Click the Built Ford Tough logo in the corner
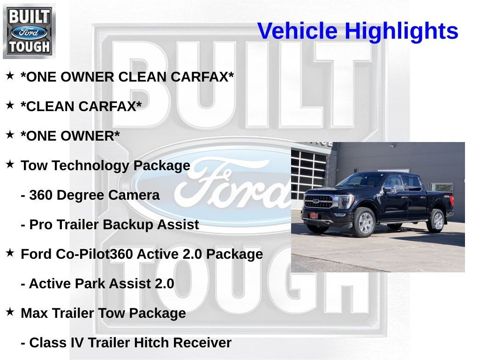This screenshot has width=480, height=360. (29, 31)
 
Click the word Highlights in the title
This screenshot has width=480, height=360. (401, 31)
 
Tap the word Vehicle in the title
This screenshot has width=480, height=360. (297, 31)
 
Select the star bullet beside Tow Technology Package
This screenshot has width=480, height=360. (10, 165)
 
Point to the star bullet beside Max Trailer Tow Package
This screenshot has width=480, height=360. (10, 312)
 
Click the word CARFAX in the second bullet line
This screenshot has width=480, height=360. (110, 107)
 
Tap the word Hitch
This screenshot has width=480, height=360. (151, 343)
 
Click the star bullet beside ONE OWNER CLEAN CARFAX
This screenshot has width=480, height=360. (10, 76)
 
